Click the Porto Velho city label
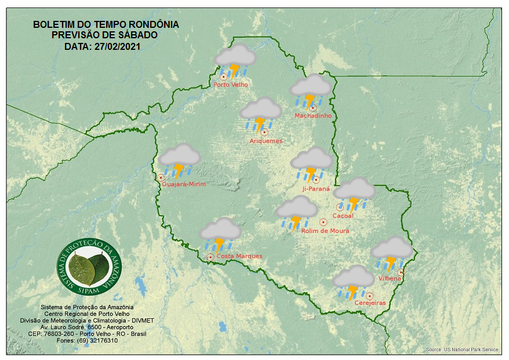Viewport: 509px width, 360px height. (x=231, y=85)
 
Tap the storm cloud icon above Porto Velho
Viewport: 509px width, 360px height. (x=235, y=61)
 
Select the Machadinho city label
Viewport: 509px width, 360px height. (x=313, y=116)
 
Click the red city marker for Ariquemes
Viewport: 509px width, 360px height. (x=264, y=132)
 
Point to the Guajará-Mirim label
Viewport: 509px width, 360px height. (x=184, y=184)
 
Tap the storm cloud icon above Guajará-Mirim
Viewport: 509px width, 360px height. (x=180, y=160)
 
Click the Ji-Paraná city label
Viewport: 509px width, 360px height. (x=316, y=189)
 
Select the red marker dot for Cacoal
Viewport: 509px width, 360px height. (x=340, y=207)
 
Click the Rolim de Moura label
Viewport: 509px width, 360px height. (x=325, y=231)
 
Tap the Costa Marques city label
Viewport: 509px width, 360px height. (x=239, y=256)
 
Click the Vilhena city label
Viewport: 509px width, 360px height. (x=390, y=278)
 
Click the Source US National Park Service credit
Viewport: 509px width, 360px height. (x=461, y=350)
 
